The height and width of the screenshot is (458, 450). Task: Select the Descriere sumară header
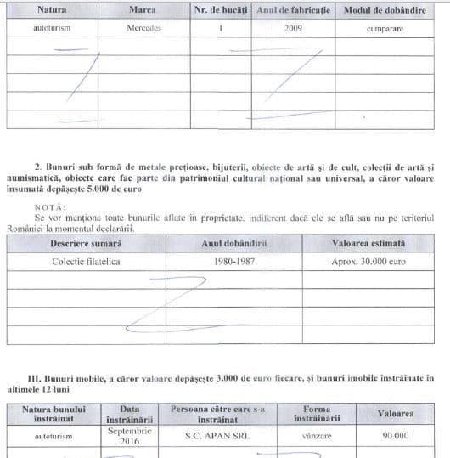[x=84, y=243]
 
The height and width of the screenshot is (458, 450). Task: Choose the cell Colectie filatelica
[x=85, y=261]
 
